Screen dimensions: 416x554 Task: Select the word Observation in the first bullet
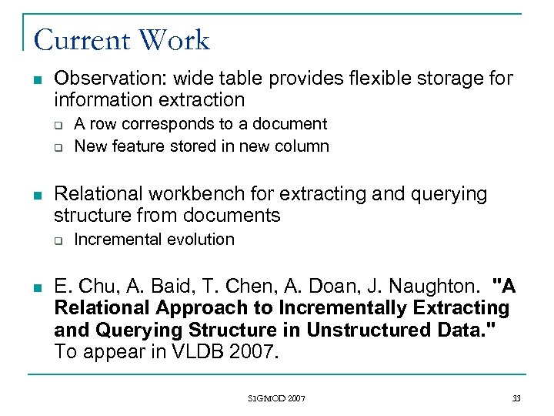(x=104, y=79)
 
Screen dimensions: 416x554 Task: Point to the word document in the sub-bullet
(x=289, y=124)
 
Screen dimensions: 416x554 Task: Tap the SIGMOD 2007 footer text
(x=277, y=398)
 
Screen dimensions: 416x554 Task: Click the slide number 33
(x=516, y=398)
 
